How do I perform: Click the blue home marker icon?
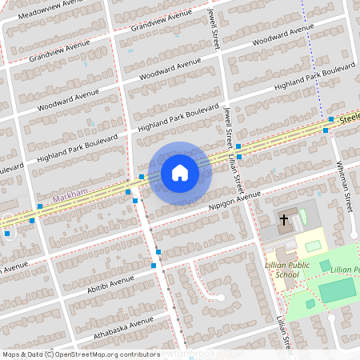coord(180,172)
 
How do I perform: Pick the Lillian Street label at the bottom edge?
coord(282,336)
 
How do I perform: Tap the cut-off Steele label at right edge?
coord(349,117)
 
